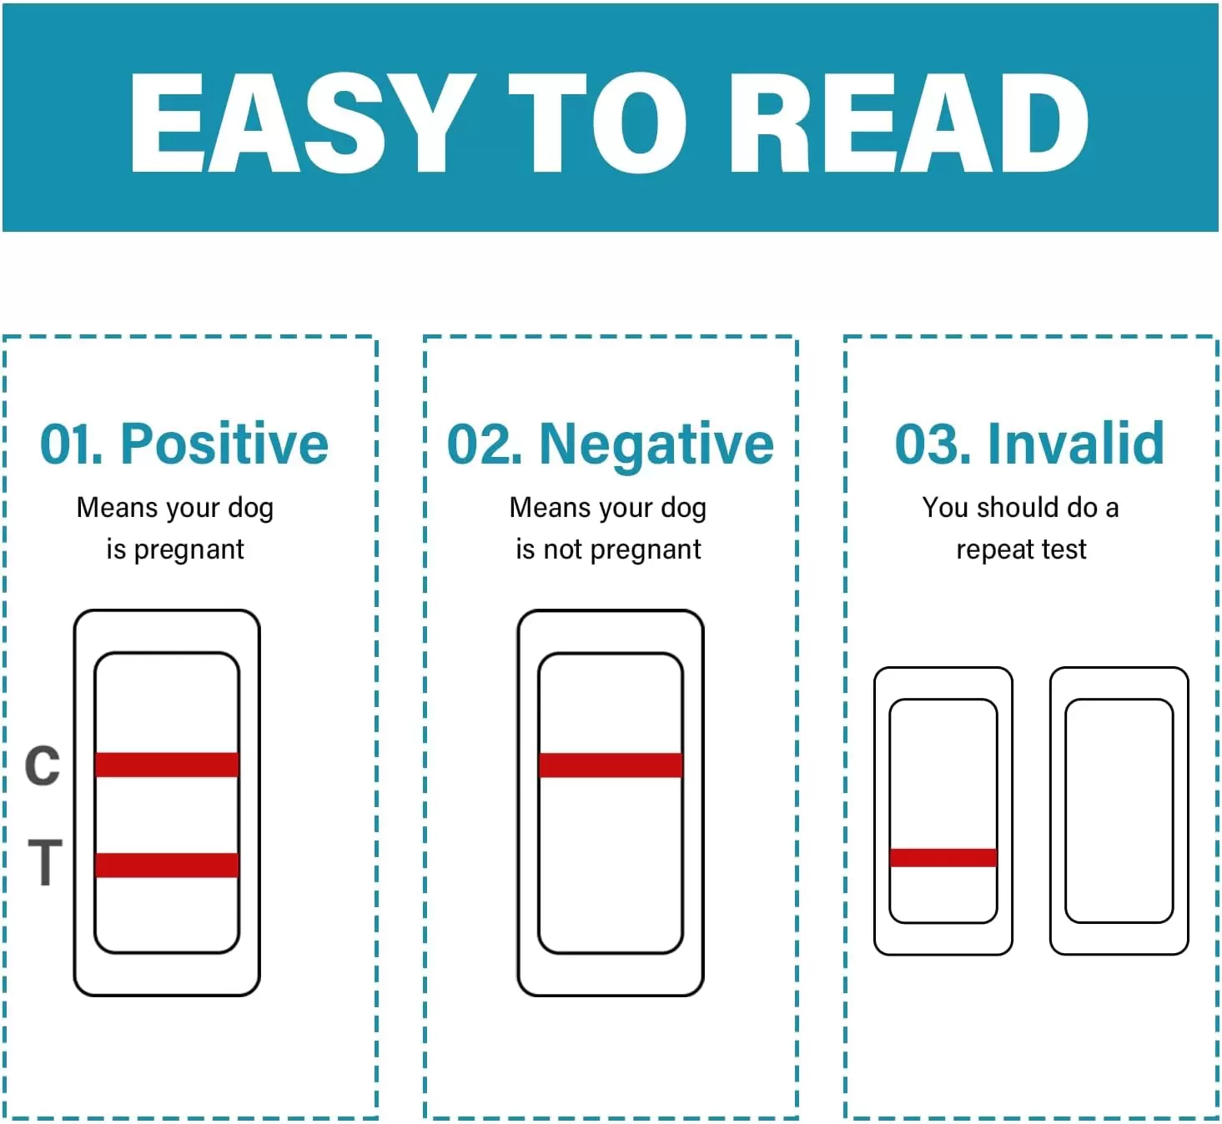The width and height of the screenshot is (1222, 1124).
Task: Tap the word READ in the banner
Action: pyautogui.click(x=909, y=123)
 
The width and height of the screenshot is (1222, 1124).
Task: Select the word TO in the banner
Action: pyautogui.click(x=597, y=123)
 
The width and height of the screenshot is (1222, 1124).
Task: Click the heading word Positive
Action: pyautogui.click(x=224, y=444)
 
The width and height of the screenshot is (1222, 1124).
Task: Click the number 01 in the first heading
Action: pyautogui.click(x=68, y=444)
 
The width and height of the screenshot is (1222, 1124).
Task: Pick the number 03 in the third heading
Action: pyautogui.click(x=929, y=444)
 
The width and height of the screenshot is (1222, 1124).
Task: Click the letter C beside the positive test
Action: pyautogui.click(x=42, y=765)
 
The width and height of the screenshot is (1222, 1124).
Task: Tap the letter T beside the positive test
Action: pyautogui.click(x=45, y=862)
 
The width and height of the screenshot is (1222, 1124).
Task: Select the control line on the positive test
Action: pyautogui.click(x=167, y=765)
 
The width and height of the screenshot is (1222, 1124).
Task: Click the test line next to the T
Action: pyautogui.click(x=167, y=865)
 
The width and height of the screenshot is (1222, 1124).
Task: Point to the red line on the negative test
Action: pyautogui.click(x=611, y=765)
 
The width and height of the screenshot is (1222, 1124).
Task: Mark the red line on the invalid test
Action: pyautogui.click(x=943, y=858)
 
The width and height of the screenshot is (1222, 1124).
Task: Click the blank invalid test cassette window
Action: pyautogui.click(x=1119, y=810)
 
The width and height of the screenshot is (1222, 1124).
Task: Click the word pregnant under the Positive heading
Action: pyautogui.click(x=189, y=550)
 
